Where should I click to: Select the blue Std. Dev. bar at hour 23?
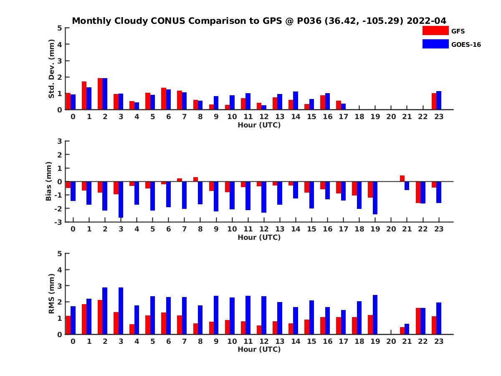click(x=438, y=100)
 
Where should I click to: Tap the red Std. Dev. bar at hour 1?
click(x=84, y=96)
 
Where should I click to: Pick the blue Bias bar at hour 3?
click(x=121, y=200)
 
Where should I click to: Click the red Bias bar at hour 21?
click(x=402, y=178)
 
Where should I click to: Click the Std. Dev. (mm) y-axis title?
click(x=52, y=69)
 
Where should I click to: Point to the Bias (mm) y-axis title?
click(x=49, y=181)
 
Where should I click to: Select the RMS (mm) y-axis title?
click(x=52, y=294)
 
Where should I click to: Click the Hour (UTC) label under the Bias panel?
click(x=259, y=237)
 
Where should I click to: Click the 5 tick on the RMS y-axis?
click(x=60, y=254)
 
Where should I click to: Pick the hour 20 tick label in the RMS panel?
click(x=391, y=341)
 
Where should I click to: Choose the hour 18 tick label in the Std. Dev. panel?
click(x=359, y=116)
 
